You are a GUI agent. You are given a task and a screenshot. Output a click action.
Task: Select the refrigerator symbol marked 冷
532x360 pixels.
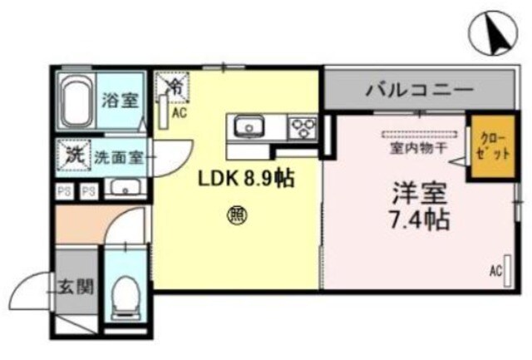[x=176, y=84]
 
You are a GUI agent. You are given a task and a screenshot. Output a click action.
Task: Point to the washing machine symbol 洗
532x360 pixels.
[x=74, y=155]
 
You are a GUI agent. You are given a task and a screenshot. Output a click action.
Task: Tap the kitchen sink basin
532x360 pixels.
[x=248, y=126]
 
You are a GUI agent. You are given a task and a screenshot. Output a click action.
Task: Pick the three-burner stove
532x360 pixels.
[x=301, y=127]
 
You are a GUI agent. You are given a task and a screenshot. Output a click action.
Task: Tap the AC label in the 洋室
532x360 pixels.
[x=495, y=271]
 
